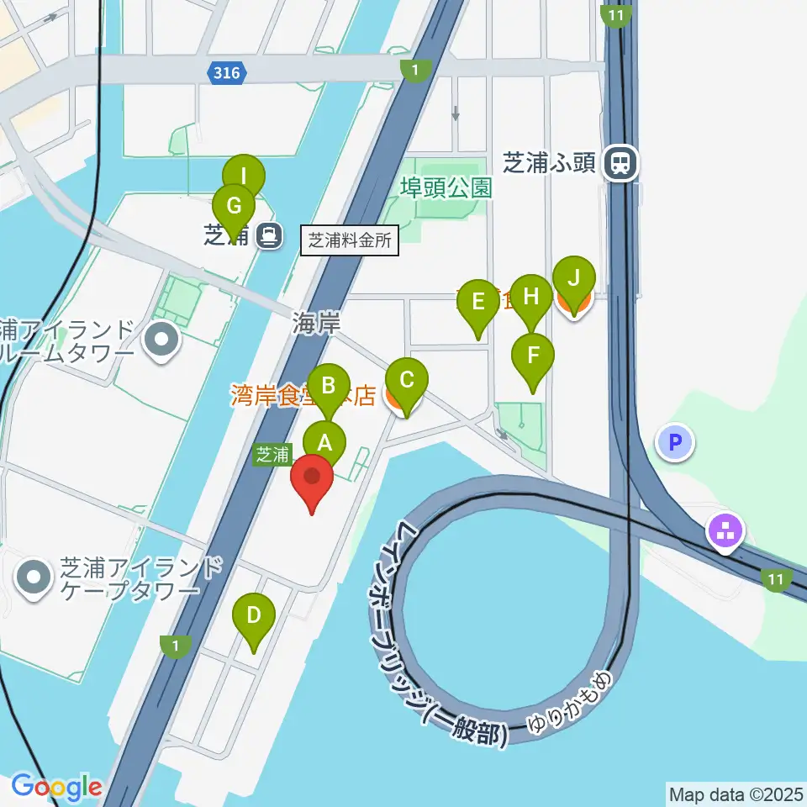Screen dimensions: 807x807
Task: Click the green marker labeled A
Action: (324, 440)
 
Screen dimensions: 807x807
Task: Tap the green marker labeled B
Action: (329, 386)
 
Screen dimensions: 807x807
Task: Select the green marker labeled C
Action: (406, 380)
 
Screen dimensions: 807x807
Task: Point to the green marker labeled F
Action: (533, 355)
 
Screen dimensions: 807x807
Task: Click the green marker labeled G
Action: (234, 205)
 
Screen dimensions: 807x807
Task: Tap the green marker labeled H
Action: (530, 296)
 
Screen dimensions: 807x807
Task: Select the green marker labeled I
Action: (243, 177)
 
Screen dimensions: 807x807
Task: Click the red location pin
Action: (312, 479)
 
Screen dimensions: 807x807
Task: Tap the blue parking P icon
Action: (677, 441)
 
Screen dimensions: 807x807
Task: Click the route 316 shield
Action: (226, 73)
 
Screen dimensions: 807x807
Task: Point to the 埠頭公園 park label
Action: (446, 187)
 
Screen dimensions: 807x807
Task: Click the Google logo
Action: (56, 787)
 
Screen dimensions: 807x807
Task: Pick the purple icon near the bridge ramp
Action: (726, 530)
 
